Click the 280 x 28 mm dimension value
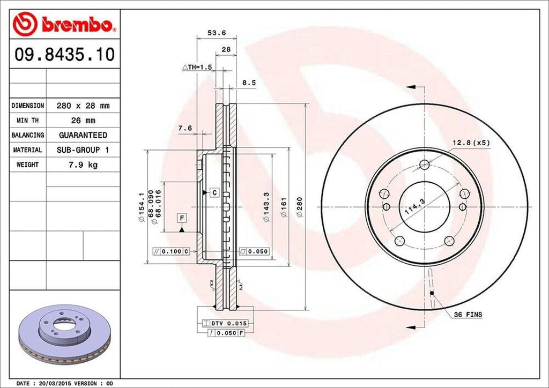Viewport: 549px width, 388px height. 83,106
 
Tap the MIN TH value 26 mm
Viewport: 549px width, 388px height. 83,121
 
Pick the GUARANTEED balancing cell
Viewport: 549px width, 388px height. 83,135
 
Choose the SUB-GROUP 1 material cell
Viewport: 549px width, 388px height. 83,150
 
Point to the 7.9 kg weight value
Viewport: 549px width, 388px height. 83,165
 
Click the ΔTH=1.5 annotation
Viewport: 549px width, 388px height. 198,67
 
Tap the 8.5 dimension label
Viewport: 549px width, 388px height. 249,83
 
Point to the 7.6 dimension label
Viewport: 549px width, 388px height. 184,128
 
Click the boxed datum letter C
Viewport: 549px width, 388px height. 213,192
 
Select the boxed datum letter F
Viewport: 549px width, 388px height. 182,218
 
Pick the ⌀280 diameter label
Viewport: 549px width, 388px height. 300,206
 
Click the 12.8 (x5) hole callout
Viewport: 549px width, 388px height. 471,142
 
